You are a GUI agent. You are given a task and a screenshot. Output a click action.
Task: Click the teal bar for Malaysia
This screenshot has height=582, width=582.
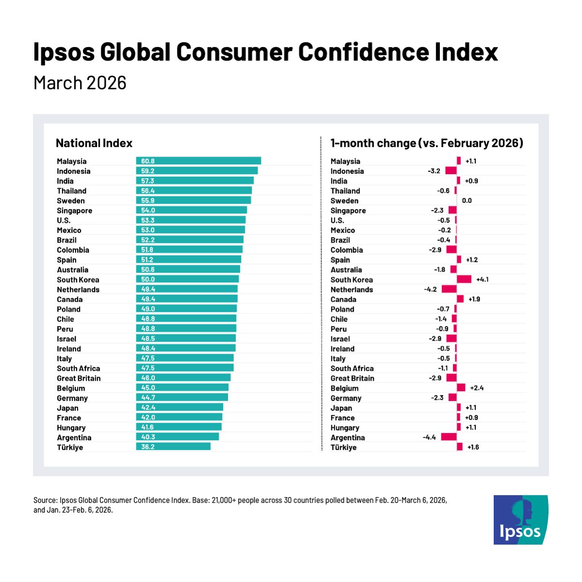(x=198, y=161)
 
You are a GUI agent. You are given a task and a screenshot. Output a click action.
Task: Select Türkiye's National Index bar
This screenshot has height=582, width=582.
(x=173, y=447)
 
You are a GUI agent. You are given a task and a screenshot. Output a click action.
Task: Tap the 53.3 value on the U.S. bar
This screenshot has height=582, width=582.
(x=148, y=220)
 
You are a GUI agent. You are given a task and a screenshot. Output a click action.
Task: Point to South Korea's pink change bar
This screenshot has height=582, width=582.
(x=464, y=279)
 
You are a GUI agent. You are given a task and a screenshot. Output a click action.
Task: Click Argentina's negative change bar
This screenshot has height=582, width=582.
(x=449, y=437)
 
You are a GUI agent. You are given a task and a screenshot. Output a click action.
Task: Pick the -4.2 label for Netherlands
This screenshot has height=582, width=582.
(x=430, y=289)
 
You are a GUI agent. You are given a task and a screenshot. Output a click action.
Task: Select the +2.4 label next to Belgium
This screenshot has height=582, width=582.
(x=477, y=388)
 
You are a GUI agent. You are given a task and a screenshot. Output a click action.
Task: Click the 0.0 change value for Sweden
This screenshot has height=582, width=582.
(x=467, y=200)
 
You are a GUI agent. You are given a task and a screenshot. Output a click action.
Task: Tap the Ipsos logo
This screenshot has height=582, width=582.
(x=520, y=519)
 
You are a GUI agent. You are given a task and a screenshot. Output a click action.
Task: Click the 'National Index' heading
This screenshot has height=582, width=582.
(x=94, y=143)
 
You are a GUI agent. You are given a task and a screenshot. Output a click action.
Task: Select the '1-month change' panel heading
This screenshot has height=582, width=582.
(x=426, y=143)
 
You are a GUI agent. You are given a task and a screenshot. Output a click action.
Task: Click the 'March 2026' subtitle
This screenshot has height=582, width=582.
(x=80, y=83)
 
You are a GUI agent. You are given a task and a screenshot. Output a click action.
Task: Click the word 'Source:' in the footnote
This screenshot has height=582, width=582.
(x=45, y=500)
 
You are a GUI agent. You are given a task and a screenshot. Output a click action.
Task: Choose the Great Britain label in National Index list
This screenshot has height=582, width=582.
(x=79, y=378)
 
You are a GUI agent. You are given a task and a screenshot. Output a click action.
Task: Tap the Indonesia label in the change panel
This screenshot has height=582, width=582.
(x=347, y=171)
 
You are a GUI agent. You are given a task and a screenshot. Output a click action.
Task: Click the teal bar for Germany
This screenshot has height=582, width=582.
(x=182, y=398)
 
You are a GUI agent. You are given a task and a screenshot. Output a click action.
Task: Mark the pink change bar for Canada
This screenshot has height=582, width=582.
(x=460, y=299)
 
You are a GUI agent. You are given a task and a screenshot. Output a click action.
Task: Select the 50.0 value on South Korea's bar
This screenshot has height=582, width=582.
(x=148, y=279)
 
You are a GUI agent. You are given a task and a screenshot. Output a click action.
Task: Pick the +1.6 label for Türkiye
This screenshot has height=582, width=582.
(x=473, y=447)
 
